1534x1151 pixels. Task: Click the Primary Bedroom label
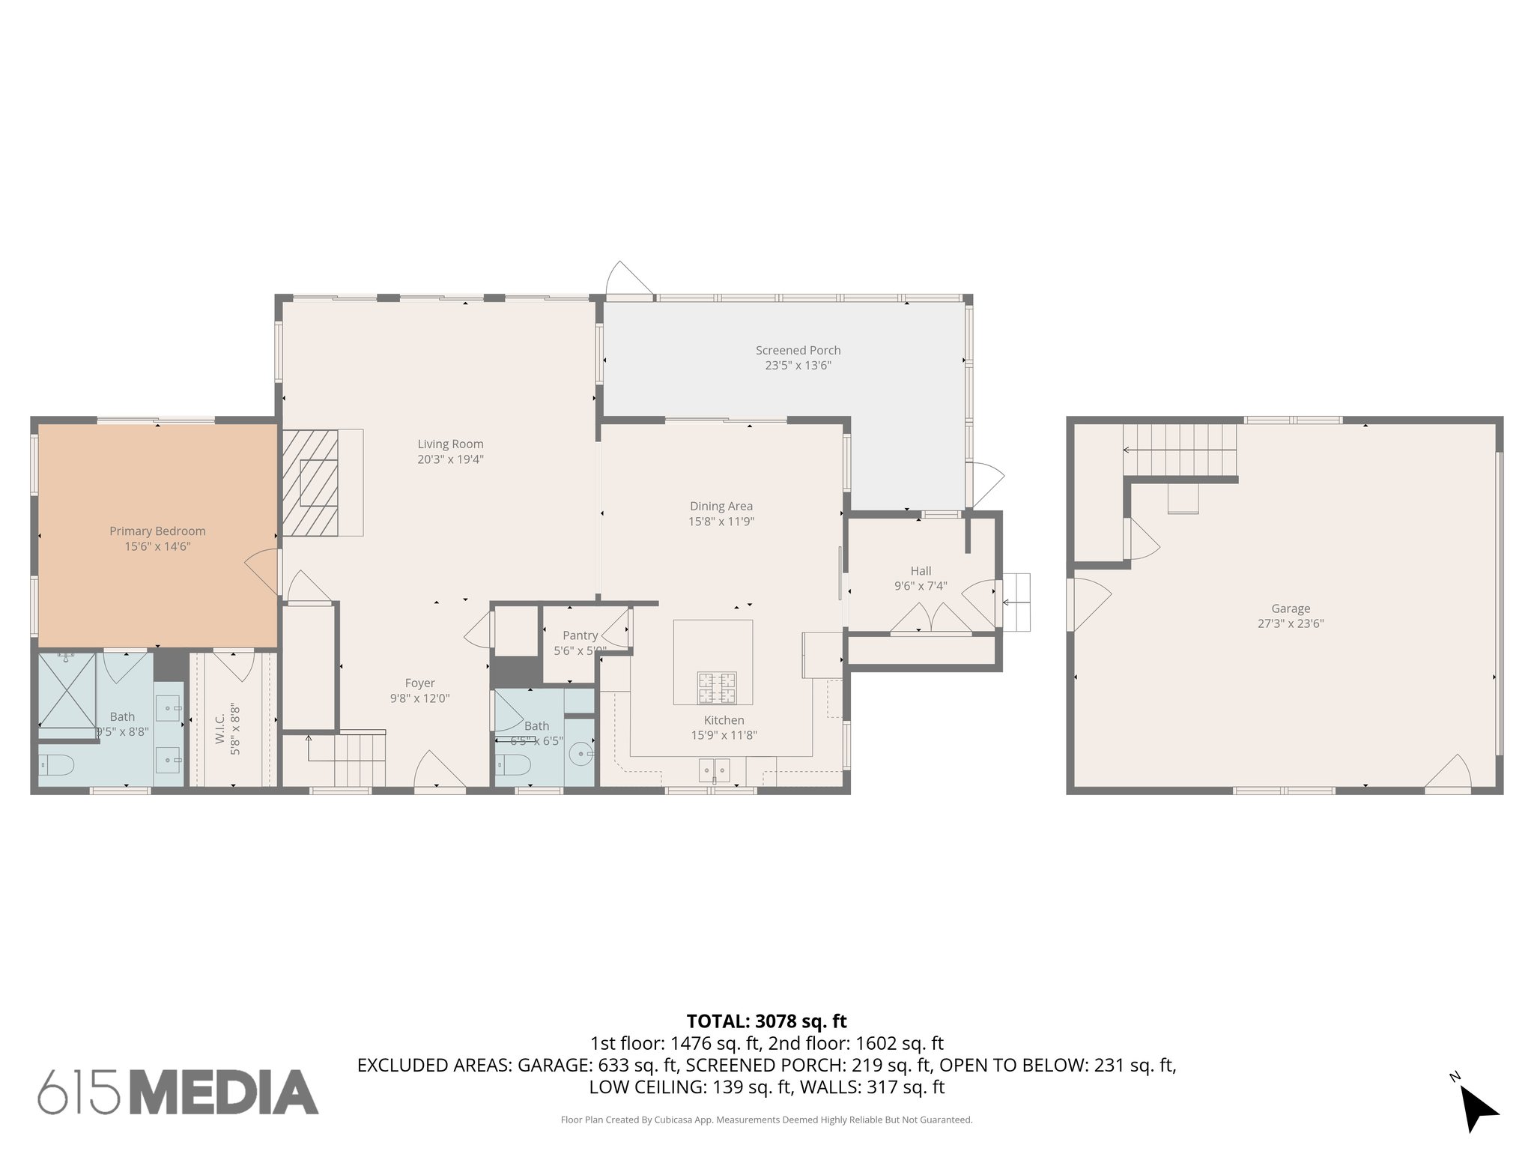coord(157,531)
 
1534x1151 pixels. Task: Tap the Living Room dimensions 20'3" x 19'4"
coord(450,459)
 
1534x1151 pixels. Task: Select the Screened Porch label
coord(798,350)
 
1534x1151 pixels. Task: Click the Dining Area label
coord(721,506)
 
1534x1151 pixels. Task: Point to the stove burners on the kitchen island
coord(717,688)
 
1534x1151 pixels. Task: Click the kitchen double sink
coord(713,770)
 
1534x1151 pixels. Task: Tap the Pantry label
coord(580,635)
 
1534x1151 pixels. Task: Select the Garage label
coord(1290,608)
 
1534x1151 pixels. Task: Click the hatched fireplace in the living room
coord(310,483)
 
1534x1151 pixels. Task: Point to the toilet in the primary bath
coord(58,765)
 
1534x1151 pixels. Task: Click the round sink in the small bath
coord(581,752)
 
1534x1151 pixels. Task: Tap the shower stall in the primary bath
coord(67,689)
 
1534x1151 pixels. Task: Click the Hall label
coord(921,571)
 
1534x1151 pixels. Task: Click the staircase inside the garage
coord(1179,450)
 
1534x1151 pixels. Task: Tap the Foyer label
coord(419,683)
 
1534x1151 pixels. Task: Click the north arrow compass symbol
coord(1477,1110)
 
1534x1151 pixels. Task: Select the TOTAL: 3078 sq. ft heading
coord(766,1021)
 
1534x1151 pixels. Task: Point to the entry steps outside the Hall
coord(1016,602)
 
